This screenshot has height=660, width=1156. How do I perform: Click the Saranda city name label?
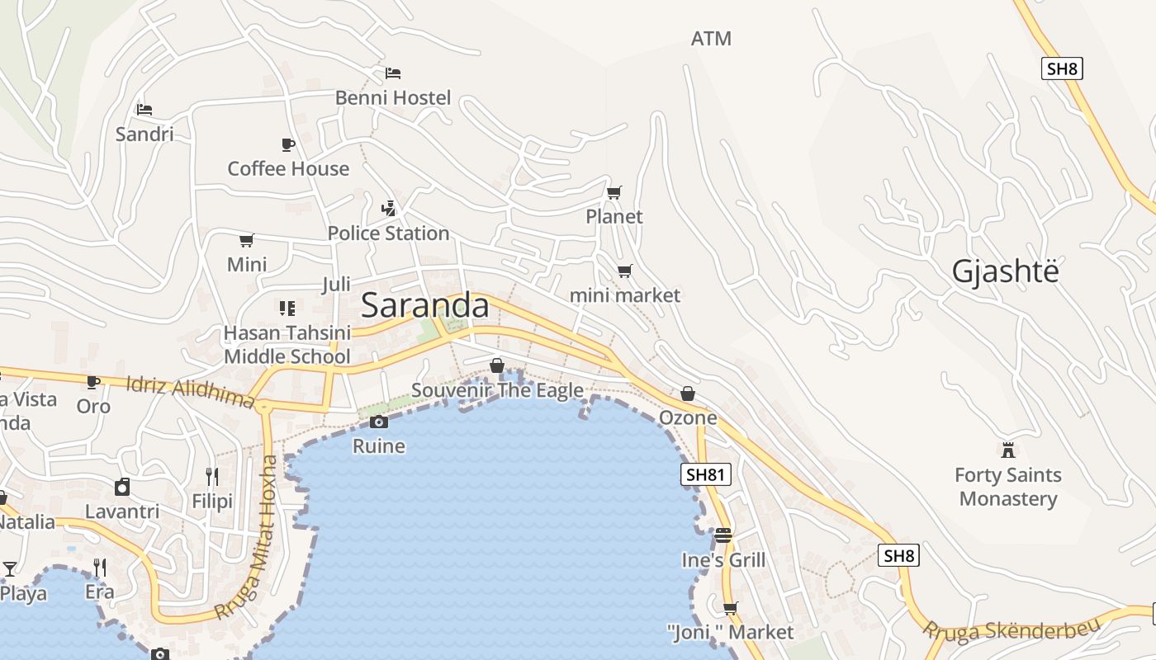[425, 305]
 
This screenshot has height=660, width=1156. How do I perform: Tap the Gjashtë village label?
[1005, 271]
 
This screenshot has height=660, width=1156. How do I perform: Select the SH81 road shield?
[706, 474]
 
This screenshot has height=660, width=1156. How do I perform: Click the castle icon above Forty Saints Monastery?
[1007, 450]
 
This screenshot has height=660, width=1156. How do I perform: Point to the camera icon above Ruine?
[379, 422]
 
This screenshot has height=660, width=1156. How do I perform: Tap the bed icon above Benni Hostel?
[393, 73]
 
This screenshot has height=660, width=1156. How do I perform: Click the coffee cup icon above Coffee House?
[288, 144]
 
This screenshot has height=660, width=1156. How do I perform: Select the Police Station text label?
[388, 233]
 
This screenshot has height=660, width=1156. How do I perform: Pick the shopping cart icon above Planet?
[614, 192]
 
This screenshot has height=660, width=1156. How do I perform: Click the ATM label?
[711, 39]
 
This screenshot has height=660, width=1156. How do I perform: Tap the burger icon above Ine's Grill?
[723, 535]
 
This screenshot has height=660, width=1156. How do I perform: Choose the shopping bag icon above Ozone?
[688, 394]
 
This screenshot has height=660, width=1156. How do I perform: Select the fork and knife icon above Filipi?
[212, 476]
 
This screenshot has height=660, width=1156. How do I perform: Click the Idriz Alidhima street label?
[191, 393]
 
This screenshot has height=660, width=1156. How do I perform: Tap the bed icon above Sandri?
[144, 109]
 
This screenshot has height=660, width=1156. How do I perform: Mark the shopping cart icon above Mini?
[246, 240]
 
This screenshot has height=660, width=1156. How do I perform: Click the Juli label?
[336, 285]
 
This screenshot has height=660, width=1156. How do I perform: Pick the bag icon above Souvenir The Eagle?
[497, 365]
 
